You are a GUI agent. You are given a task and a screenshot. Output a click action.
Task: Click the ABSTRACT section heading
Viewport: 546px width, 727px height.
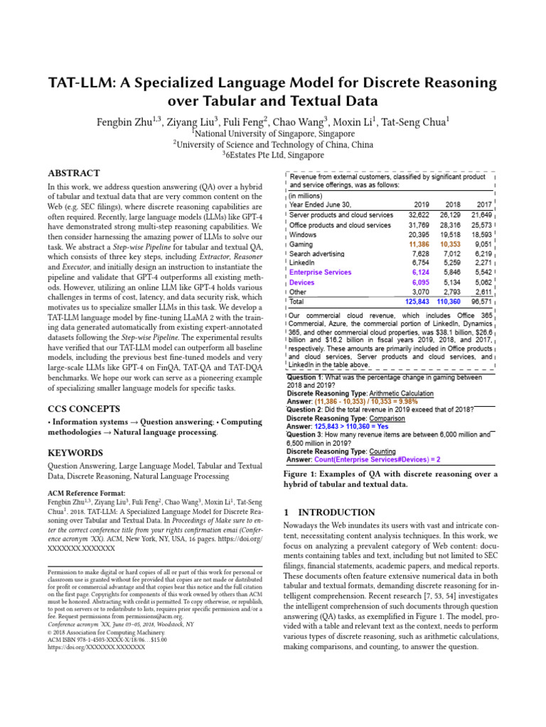click(73, 173)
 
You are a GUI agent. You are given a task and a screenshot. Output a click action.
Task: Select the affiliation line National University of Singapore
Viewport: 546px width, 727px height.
click(273, 133)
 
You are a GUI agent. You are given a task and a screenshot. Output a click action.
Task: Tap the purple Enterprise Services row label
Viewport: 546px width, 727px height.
click(320, 272)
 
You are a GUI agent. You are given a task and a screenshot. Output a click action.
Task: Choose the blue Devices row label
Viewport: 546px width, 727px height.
click(301, 282)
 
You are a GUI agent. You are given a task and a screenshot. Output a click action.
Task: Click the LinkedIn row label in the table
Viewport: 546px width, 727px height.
click(303, 262)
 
